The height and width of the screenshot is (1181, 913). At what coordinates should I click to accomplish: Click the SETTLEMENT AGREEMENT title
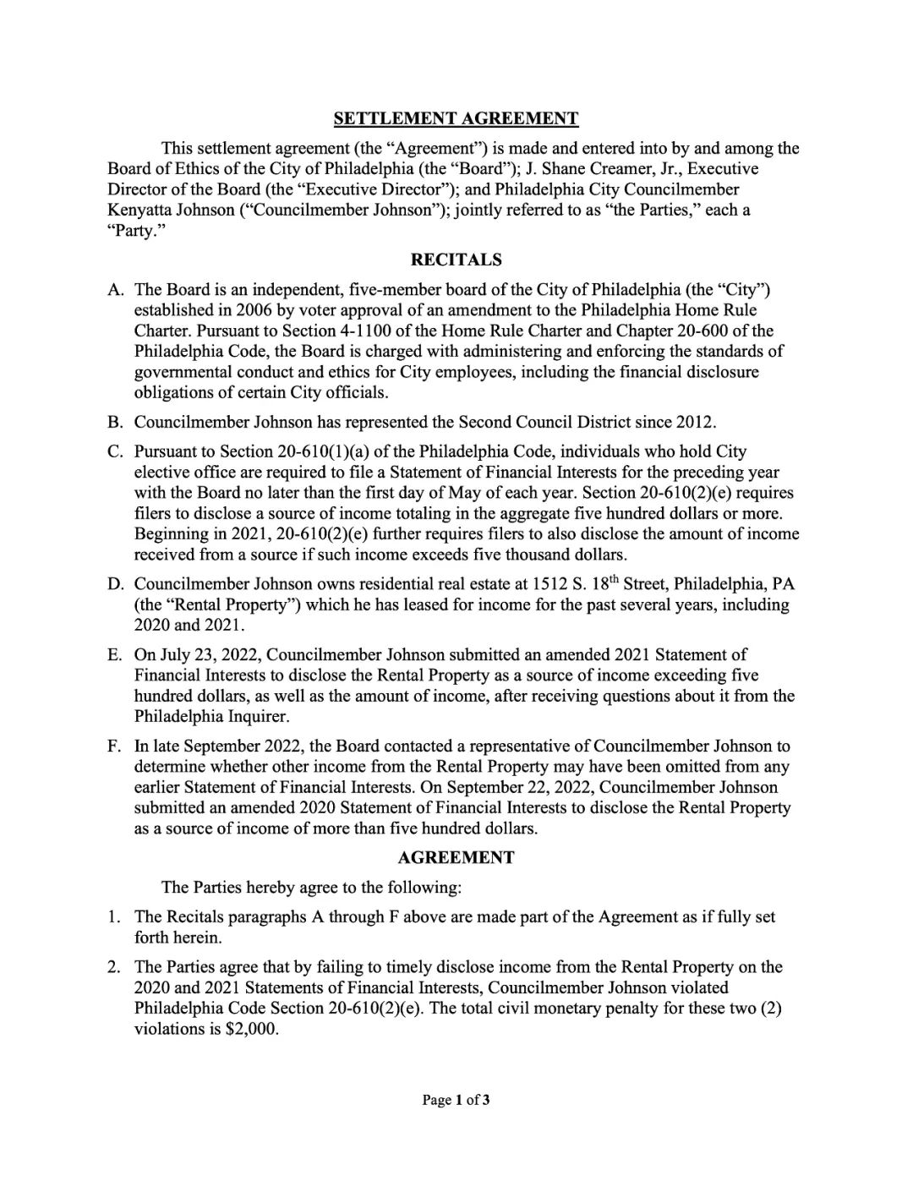pyautogui.click(x=456, y=118)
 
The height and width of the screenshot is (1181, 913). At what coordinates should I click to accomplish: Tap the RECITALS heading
pyautogui.click(x=456, y=260)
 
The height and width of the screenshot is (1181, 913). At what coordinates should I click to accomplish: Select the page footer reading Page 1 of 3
pyautogui.click(x=456, y=1100)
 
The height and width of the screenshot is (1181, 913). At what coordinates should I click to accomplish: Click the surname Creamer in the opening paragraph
pyautogui.click(x=616, y=168)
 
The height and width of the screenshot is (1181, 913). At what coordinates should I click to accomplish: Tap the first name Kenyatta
pyautogui.click(x=137, y=210)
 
